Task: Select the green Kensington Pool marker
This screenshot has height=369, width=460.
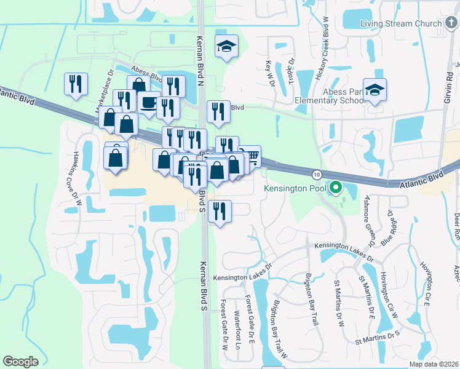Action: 335,188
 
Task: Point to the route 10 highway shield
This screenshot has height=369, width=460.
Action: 315,175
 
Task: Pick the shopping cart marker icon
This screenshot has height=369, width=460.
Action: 250,156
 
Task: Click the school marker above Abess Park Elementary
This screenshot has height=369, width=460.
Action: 375,89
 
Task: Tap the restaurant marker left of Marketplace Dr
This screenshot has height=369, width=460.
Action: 76,84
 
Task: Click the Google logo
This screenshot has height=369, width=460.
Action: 20,362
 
